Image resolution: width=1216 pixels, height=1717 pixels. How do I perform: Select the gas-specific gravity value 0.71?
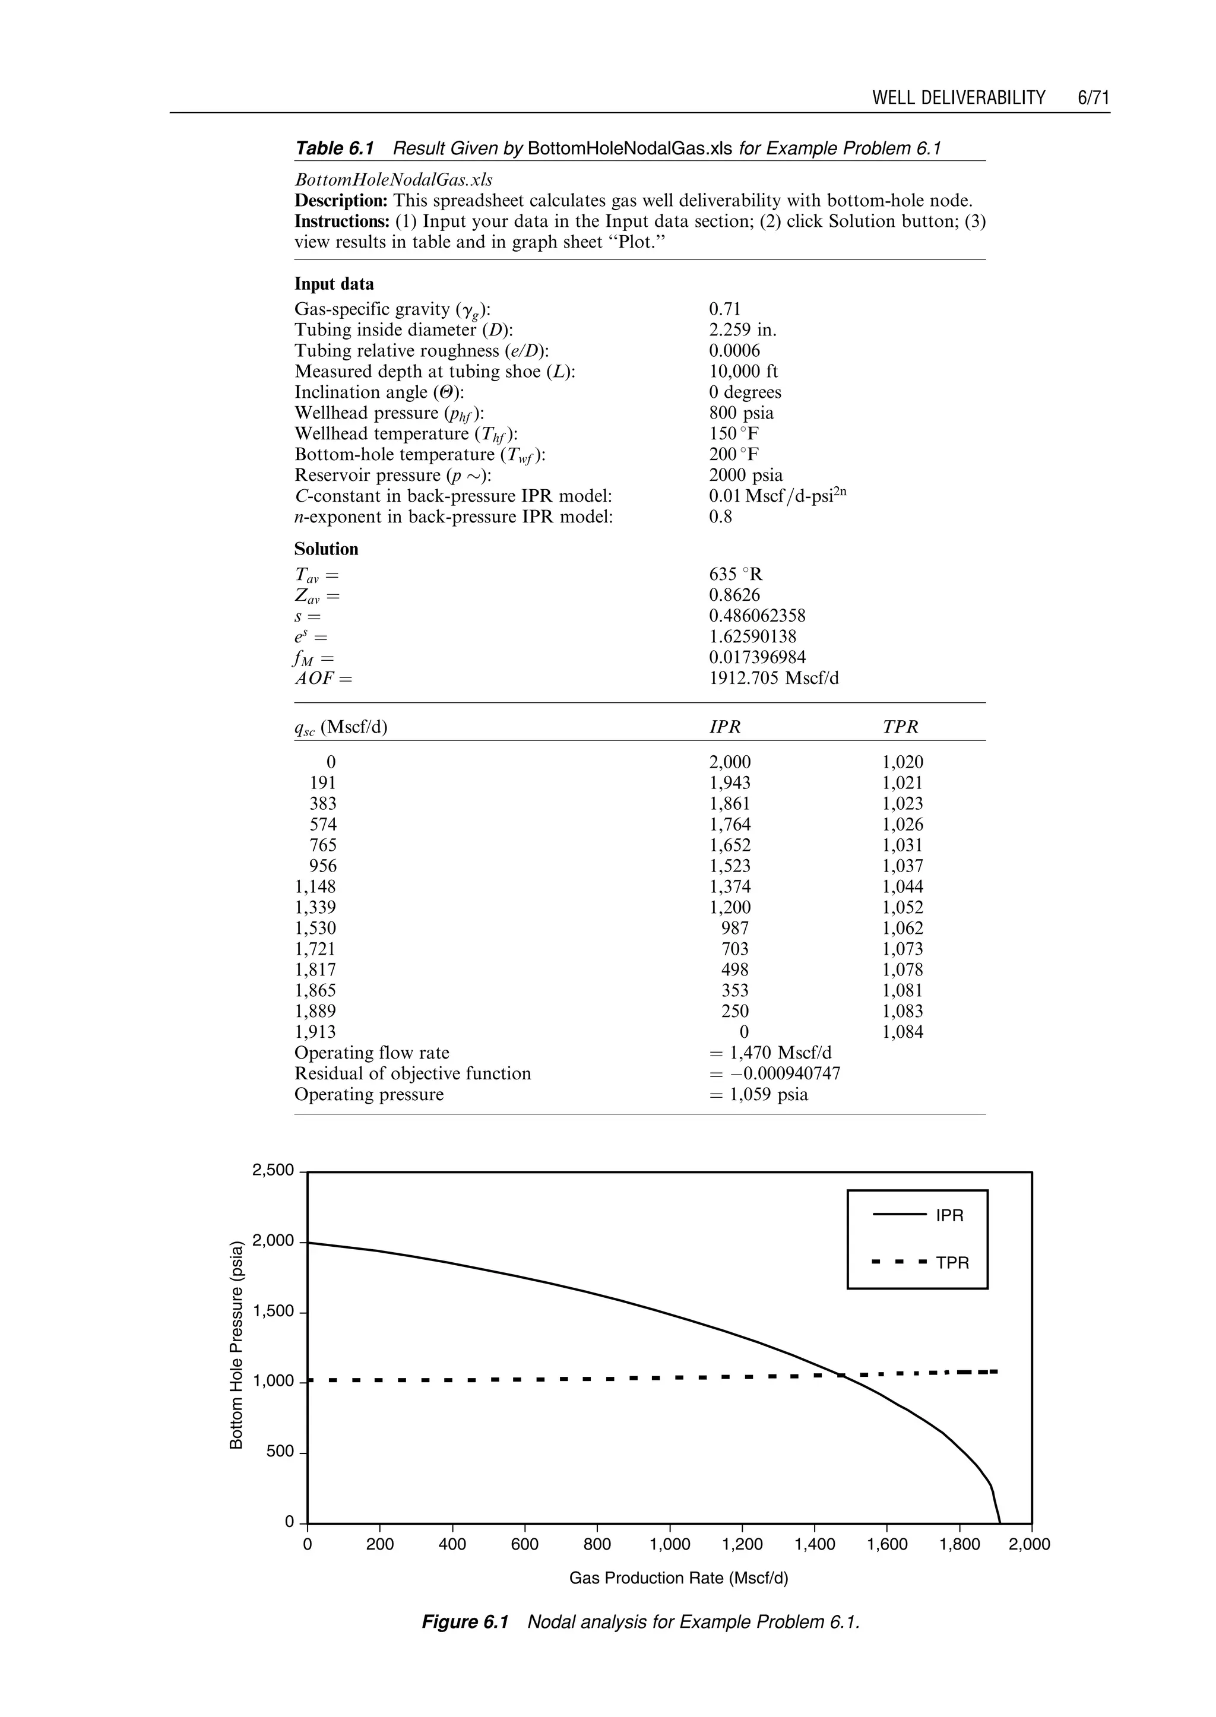pos(724,309)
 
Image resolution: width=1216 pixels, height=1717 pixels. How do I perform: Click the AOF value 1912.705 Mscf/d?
pos(774,679)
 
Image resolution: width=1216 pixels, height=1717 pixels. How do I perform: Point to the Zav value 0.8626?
pos(734,595)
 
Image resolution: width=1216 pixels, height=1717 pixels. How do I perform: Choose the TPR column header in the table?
pos(900,727)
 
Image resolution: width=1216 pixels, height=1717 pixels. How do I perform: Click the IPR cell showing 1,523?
pos(729,866)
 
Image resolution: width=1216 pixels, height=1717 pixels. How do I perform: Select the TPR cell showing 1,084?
pos(902,1032)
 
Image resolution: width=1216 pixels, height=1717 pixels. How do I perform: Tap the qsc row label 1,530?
pos(315,929)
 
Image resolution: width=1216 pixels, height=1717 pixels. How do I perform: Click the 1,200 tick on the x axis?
pos(742,1544)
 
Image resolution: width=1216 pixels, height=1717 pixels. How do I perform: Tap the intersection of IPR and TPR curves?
pos(841,1375)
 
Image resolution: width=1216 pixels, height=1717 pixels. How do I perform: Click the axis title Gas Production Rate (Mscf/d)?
pos(679,1579)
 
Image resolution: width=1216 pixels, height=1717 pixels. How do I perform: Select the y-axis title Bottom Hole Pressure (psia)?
pos(237,1345)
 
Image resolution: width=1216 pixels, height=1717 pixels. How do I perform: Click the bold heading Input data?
pos(334,284)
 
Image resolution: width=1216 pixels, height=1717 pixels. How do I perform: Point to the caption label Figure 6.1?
pos(465,1623)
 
